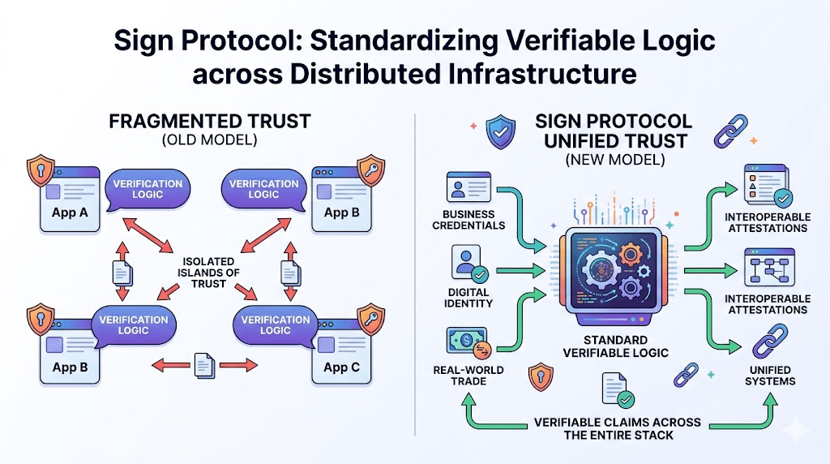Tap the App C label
[x=340, y=367]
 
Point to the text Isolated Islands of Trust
[x=210, y=272]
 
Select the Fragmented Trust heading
[x=209, y=122]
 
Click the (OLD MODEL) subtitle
[x=209, y=140]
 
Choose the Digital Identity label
[x=468, y=298]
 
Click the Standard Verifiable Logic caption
[x=615, y=346]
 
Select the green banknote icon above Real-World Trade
[x=466, y=341]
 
